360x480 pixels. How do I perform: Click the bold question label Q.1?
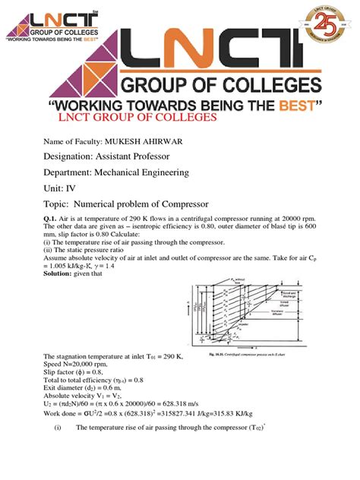tap(51, 219)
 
